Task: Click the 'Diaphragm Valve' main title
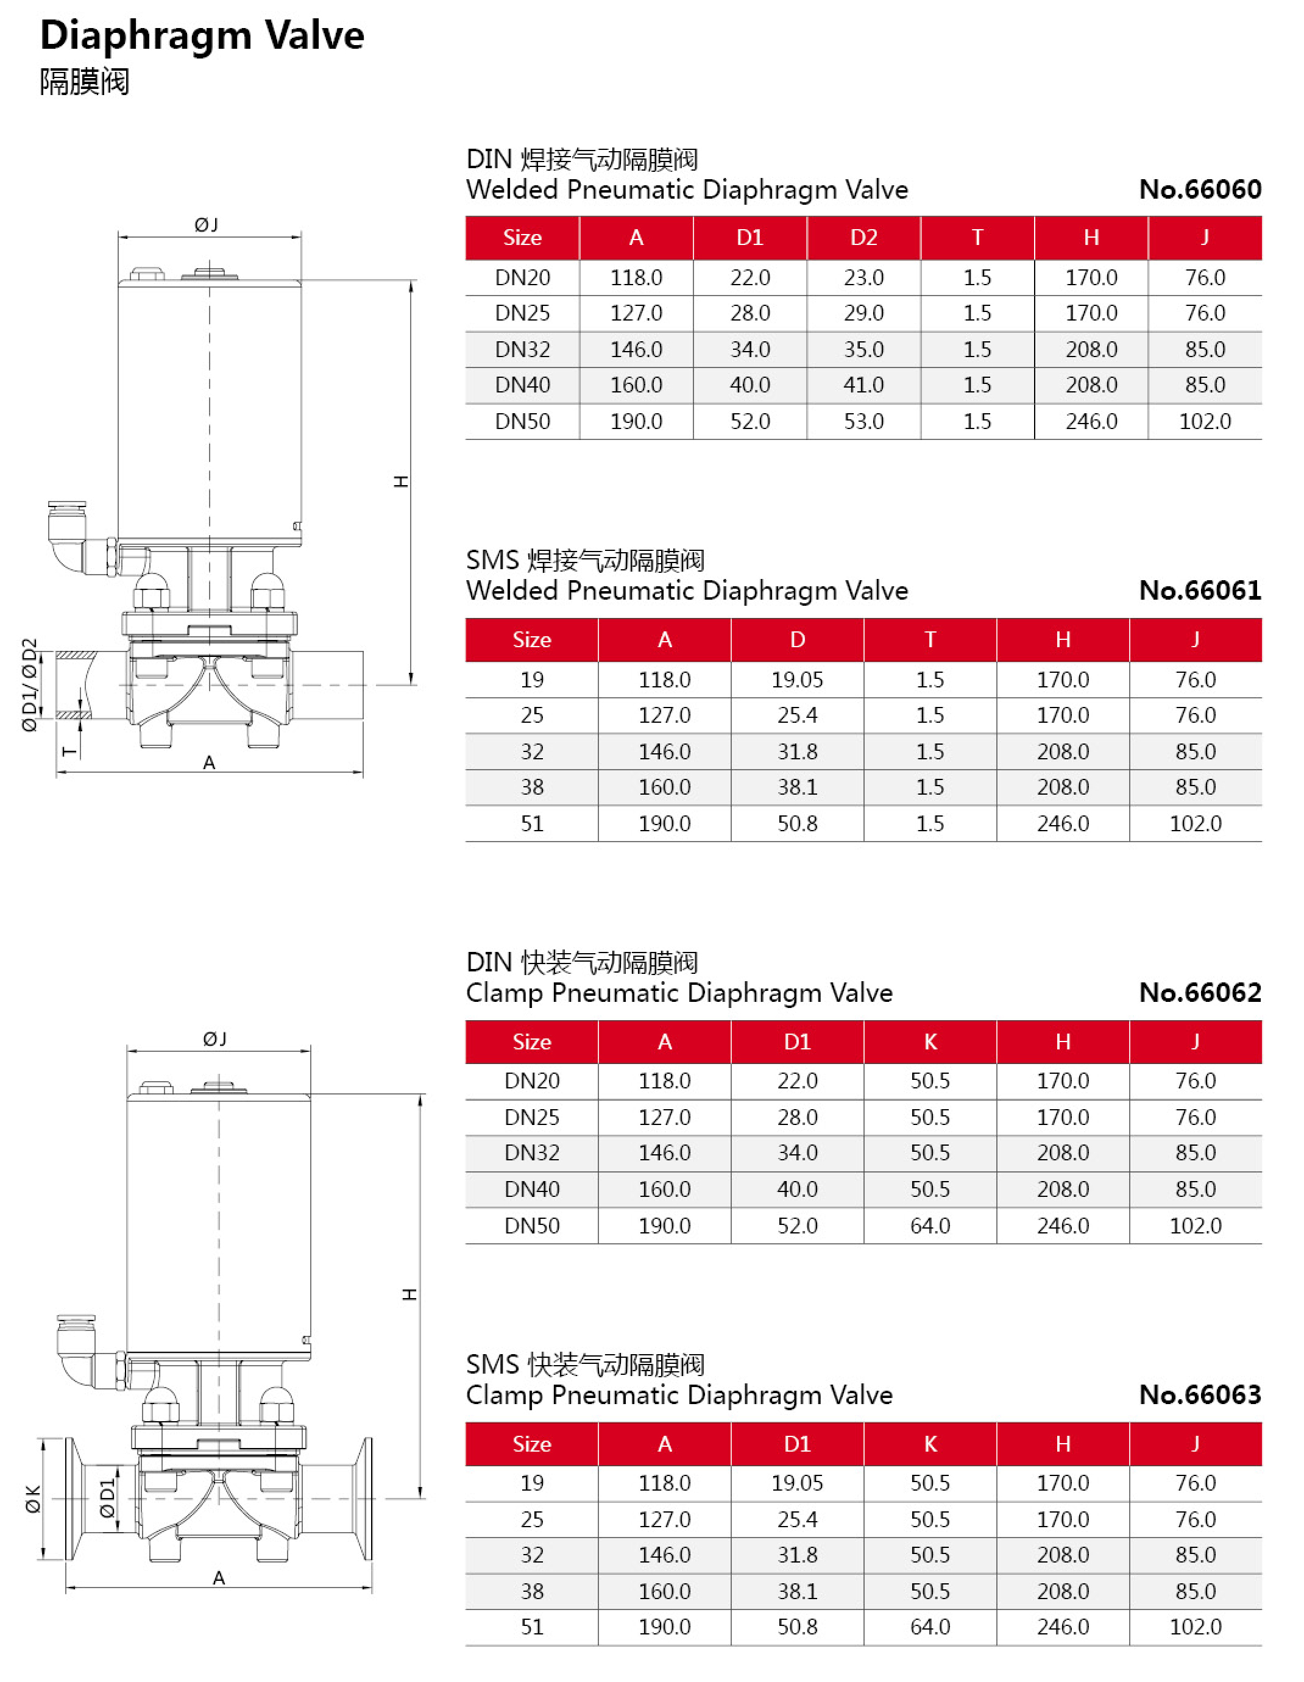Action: coord(202,35)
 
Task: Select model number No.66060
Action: coord(1199,190)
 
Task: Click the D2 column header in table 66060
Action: coord(863,237)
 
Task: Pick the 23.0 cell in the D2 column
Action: coord(863,277)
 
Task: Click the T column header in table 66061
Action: coord(930,639)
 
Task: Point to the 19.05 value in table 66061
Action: coord(797,680)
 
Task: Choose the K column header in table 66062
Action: coord(930,1041)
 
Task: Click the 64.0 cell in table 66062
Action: coord(930,1226)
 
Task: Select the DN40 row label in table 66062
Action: coord(531,1189)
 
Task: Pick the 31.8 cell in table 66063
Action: coord(797,1555)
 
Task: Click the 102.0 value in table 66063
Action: coord(1196,1627)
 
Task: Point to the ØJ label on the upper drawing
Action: coord(207,225)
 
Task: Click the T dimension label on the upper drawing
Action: coord(69,751)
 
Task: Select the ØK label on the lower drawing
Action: coord(33,1499)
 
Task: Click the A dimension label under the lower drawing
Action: coord(219,1578)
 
